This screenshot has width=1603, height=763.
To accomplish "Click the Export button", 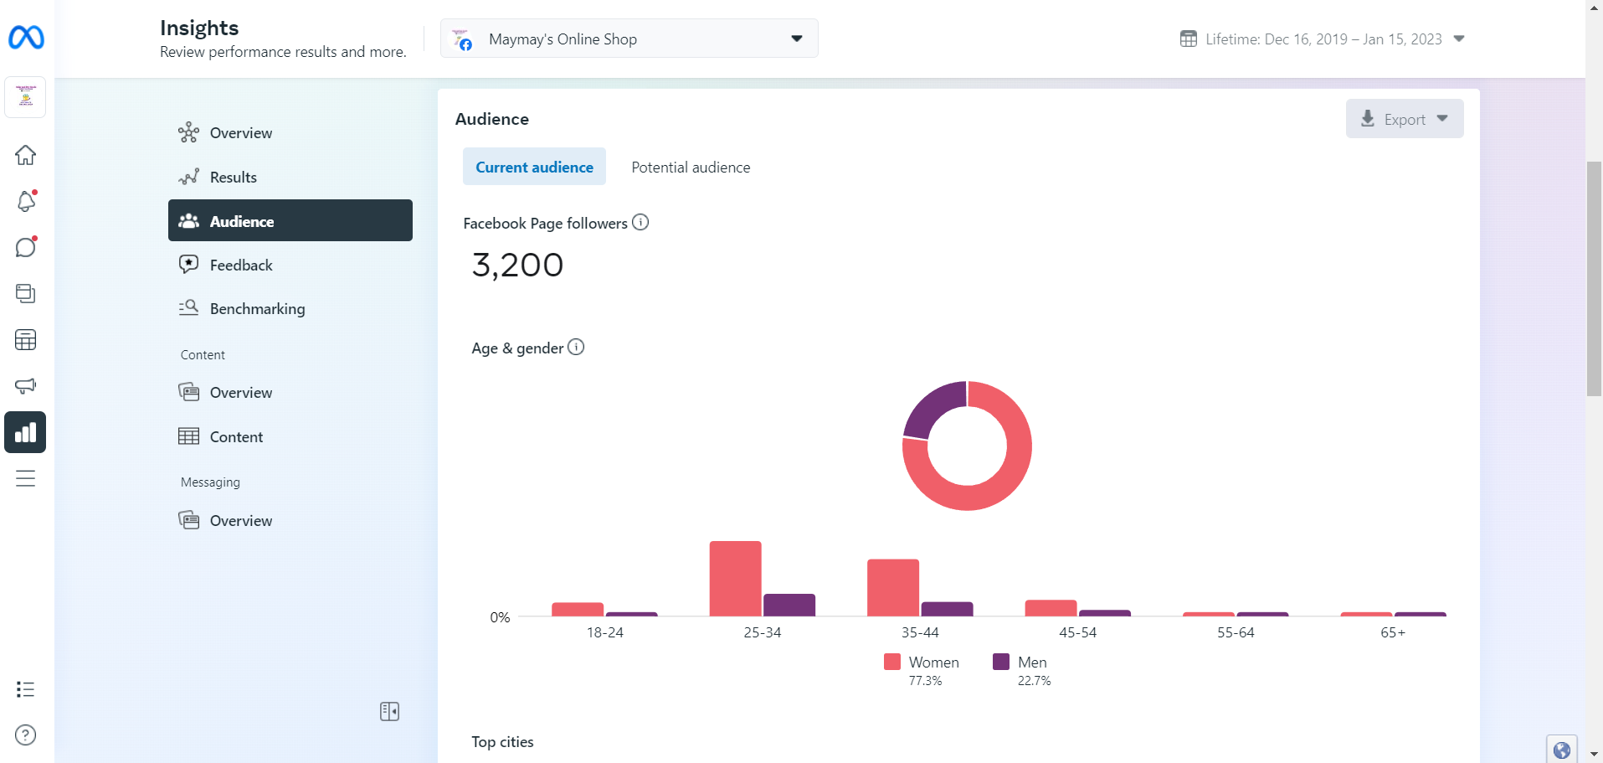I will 1404,119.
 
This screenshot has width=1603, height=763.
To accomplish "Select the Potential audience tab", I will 691,168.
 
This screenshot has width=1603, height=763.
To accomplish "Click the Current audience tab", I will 534,168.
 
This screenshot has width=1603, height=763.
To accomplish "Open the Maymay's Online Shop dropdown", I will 629,39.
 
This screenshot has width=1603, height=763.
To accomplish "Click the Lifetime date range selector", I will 1323,39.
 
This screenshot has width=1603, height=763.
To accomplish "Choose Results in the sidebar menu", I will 233,178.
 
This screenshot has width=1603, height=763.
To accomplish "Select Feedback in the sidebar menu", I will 241,266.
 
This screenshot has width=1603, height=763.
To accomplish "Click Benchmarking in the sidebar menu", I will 257,309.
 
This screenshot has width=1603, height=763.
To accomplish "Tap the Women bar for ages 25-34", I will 735,579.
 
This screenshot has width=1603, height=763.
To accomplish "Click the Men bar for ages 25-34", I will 789,605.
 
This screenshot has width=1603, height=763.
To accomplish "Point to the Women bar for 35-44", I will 893,587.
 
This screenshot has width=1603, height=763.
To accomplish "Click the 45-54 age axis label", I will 1077,632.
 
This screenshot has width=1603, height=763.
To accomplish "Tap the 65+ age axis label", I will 1393,632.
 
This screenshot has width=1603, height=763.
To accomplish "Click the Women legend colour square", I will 892,662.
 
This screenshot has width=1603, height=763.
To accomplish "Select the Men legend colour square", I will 1001,662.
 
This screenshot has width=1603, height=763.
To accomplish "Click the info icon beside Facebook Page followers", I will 640,222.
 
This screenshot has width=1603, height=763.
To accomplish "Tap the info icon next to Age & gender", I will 576,347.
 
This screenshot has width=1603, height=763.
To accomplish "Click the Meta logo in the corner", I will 26,38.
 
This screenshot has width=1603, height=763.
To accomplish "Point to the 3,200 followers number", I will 517,266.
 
